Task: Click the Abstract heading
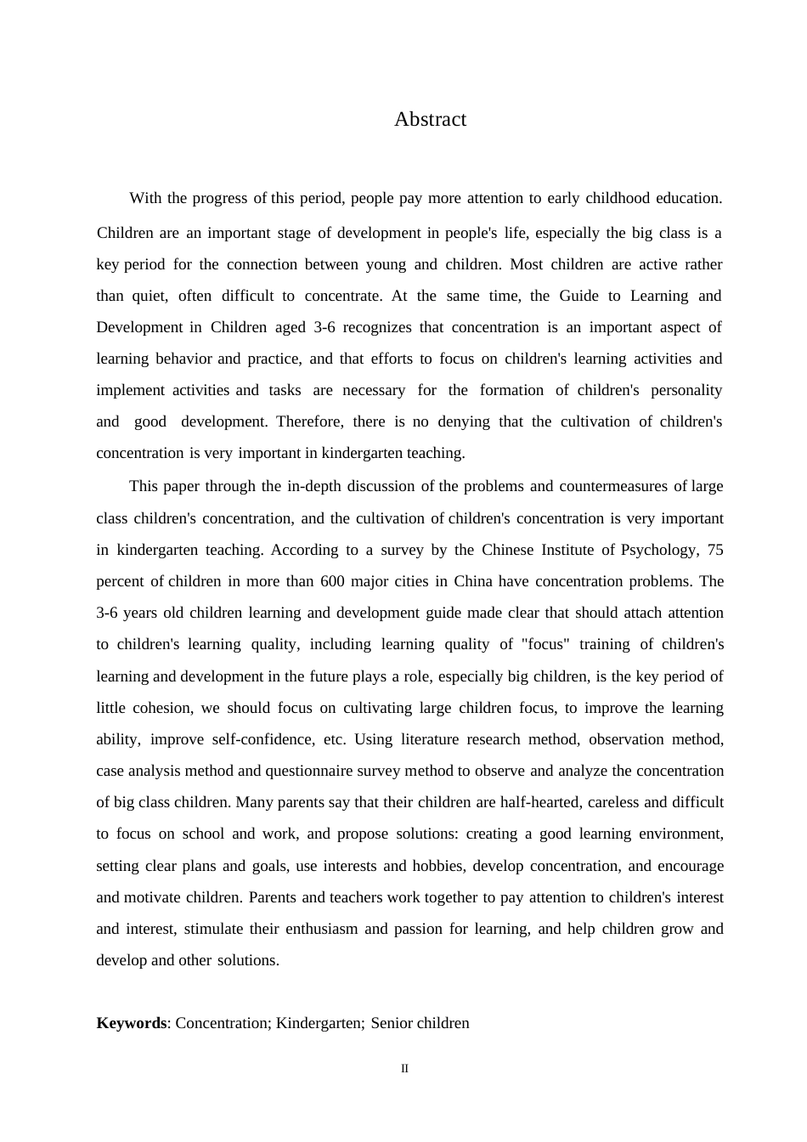point(430,119)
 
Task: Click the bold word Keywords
point(131,1023)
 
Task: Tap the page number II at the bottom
point(404,1069)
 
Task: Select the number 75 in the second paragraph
point(715,550)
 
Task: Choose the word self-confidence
point(263,739)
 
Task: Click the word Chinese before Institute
point(507,550)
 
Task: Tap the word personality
point(686,390)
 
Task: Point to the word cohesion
point(162,708)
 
